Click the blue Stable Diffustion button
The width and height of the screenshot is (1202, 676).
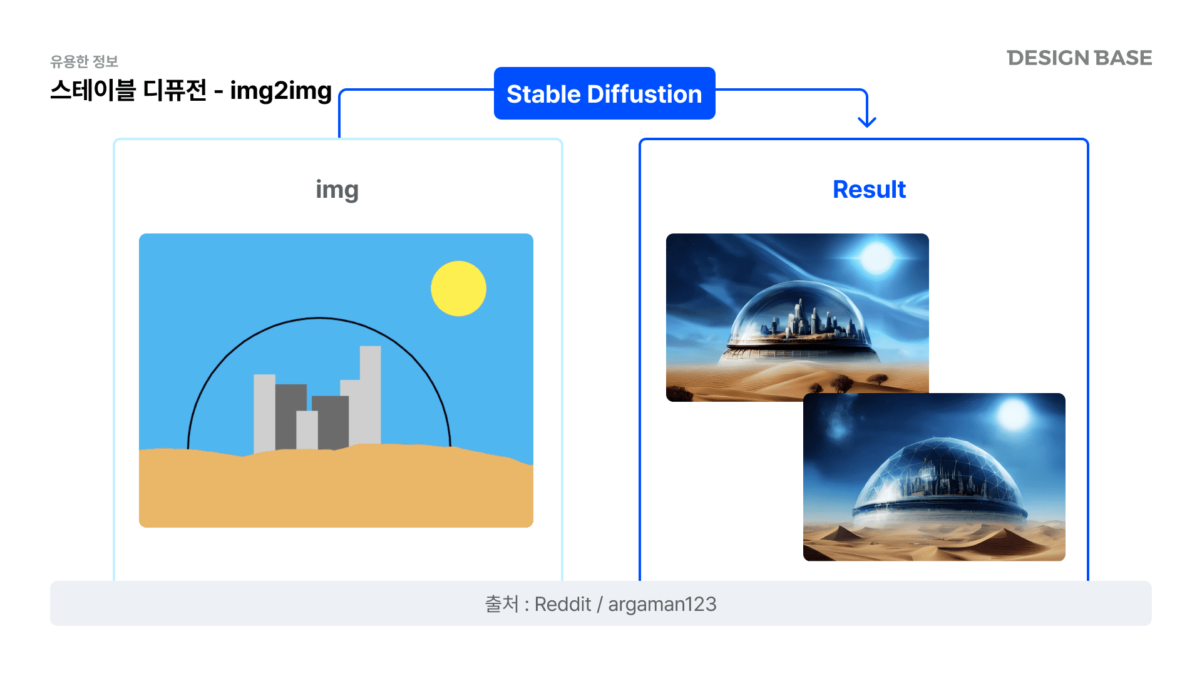[604, 93]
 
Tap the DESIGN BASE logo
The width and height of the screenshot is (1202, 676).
[1079, 58]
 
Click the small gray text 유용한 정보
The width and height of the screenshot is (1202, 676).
[85, 61]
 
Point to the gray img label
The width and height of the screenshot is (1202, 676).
[337, 190]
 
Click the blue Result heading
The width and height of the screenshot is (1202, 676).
[869, 189]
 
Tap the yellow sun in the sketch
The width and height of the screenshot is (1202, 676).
[458, 289]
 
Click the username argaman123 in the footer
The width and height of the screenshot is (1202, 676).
[662, 604]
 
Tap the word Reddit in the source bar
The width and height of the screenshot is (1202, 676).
[562, 604]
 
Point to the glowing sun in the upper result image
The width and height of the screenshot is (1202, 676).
[876, 258]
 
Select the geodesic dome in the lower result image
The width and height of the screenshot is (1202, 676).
[940, 482]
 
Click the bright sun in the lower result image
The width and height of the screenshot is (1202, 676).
[1014, 415]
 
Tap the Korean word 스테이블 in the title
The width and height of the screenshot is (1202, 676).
[93, 90]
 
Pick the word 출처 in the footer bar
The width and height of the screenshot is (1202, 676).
[502, 604]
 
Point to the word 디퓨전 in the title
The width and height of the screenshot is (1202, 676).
[175, 90]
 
